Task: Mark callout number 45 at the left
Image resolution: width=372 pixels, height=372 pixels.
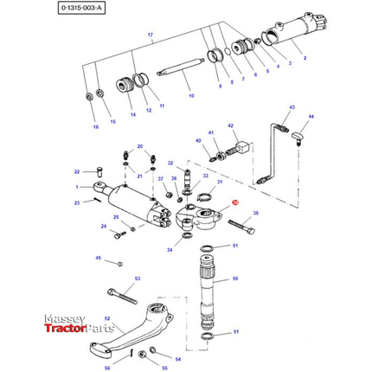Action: (98, 258)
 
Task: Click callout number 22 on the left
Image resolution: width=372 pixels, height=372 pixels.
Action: (76, 171)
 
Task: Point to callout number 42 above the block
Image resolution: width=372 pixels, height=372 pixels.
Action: (231, 125)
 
